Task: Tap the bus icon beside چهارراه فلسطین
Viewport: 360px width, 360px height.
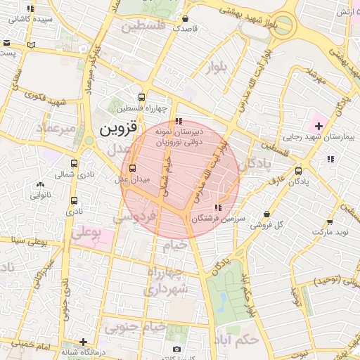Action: click(x=142, y=98)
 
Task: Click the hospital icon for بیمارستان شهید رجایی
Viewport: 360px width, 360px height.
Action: click(x=319, y=126)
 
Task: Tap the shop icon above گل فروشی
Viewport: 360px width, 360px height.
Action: click(x=266, y=214)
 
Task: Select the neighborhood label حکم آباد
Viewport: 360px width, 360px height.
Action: click(x=239, y=339)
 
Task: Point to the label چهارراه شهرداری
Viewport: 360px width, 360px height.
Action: click(x=165, y=280)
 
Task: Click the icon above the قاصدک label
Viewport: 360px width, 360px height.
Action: click(x=185, y=18)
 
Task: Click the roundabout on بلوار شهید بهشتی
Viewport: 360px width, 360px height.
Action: click(x=284, y=25)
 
